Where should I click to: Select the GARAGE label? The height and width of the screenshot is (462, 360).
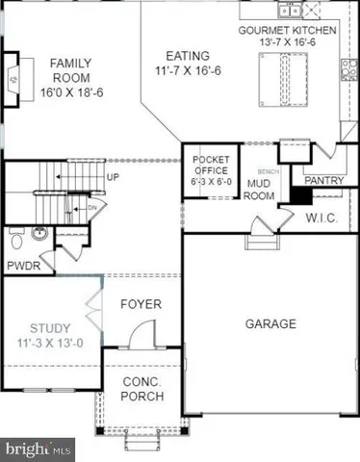270,324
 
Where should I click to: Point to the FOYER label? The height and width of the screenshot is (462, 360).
141,305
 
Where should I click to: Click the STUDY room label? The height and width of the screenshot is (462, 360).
48,334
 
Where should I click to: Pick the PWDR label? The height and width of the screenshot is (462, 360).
24,265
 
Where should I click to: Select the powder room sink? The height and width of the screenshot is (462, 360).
39,232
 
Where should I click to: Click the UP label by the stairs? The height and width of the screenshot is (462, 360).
114,178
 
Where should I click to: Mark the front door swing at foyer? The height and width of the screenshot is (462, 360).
140,336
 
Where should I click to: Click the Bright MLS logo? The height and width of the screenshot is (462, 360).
39,448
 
